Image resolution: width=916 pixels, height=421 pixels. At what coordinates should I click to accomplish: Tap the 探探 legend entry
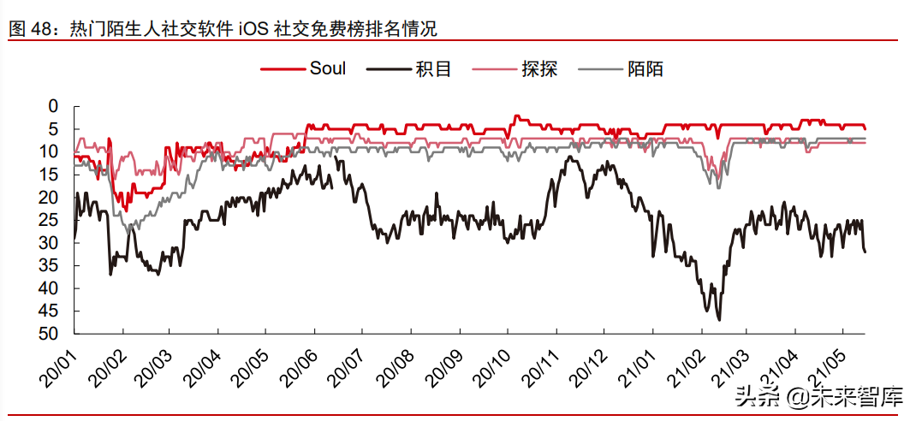pos(539,68)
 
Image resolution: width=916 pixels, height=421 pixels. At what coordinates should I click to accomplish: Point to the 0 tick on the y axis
pos(53,107)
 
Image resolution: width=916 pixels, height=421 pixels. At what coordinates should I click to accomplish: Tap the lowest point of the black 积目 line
pos(719,319)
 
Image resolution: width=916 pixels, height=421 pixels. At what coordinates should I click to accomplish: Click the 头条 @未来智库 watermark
pos(818,396)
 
